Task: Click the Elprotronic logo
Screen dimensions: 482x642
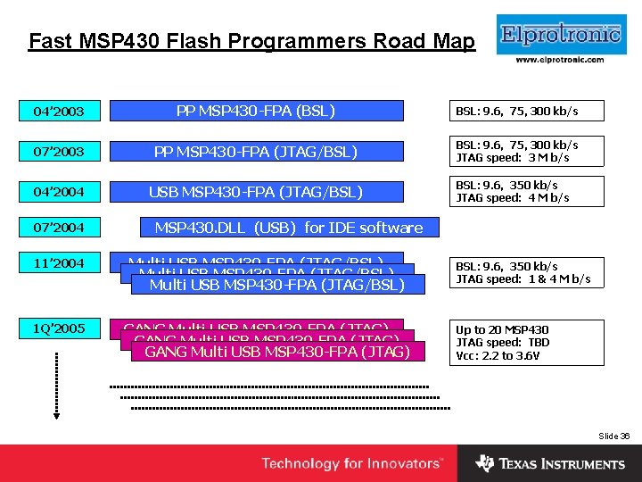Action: (x=560, y=36)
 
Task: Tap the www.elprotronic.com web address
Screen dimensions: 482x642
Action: (x=560, y=60)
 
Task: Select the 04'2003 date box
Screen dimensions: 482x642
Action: (x=59, y=112)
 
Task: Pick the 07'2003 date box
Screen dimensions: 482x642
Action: (x=59, y=152)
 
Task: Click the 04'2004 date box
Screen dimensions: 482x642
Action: (x=59, y=191)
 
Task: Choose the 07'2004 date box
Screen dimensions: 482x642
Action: (x=59, y=228)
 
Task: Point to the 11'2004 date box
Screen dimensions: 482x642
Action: (x=59, y=263)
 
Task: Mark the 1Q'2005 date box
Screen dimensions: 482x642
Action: (x=59, y=328)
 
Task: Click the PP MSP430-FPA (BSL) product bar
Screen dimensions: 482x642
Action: (x=256, y=111)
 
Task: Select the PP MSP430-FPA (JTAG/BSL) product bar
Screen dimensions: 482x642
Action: (x=256, y=152)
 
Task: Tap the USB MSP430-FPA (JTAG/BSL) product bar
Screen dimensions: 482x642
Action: (x=256, y=191)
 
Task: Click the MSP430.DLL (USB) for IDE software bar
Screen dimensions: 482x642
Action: (x=289, y=228)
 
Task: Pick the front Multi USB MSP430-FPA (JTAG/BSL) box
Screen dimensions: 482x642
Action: (x=276, y=285)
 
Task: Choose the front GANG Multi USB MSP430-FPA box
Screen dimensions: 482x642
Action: (x=276, y=353)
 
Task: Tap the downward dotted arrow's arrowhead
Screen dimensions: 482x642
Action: (x=55, y=412)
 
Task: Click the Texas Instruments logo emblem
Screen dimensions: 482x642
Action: (x=484, y=463)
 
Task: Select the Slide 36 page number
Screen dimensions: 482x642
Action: (x=613, y=436)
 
